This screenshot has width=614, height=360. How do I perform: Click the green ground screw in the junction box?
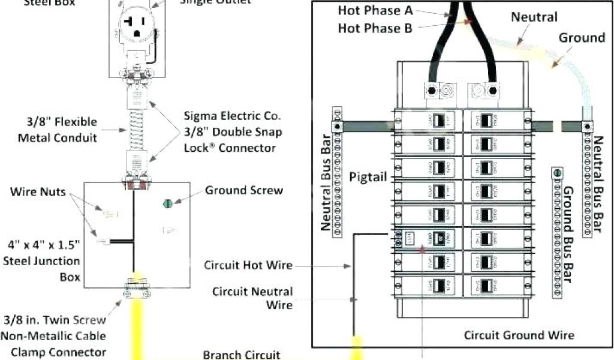[167, 203]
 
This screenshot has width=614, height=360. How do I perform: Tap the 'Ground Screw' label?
[244, 191]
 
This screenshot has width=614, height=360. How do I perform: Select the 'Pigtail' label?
[368, 177]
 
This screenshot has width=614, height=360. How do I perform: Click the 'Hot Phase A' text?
[375, 10]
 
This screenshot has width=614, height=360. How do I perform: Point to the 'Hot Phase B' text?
[375, 28]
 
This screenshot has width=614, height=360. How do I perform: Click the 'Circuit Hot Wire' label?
[248, 265]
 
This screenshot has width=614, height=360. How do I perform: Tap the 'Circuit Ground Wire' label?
[519, 335]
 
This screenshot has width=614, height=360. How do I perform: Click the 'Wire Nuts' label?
[38, 192]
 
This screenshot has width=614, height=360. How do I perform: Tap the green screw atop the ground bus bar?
[558, 173]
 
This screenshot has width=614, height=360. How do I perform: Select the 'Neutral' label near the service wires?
[534, 17]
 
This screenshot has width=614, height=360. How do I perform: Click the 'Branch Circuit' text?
[241, 355]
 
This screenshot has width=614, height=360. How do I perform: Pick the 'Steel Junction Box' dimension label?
[43, 261]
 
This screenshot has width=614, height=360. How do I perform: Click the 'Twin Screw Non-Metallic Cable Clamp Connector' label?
[55, 336]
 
